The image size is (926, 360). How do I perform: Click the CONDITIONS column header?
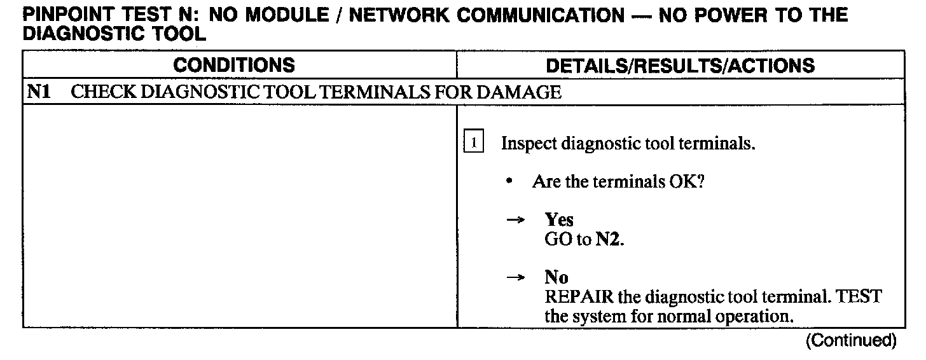click(234, 65)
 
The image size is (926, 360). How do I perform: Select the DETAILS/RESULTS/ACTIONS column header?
click(681, 65)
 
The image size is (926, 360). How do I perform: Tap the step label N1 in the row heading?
click(38, 92)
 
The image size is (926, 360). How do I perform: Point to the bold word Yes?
click(559, 220)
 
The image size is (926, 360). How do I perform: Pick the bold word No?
click(556, 277)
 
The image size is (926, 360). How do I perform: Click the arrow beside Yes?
click(515, 220)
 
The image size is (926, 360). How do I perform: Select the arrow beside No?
click(515, 277)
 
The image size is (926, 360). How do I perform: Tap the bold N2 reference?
click(607, 240)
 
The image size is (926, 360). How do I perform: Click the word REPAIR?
click(576, 297)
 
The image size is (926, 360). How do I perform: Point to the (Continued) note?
click(851, 341)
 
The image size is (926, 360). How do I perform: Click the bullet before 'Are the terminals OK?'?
click(509, 182)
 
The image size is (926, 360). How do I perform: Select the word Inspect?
click(529, 143)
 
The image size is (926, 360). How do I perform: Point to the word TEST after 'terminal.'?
click(861, 297)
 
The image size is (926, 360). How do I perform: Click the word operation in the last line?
click(750, 316)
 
